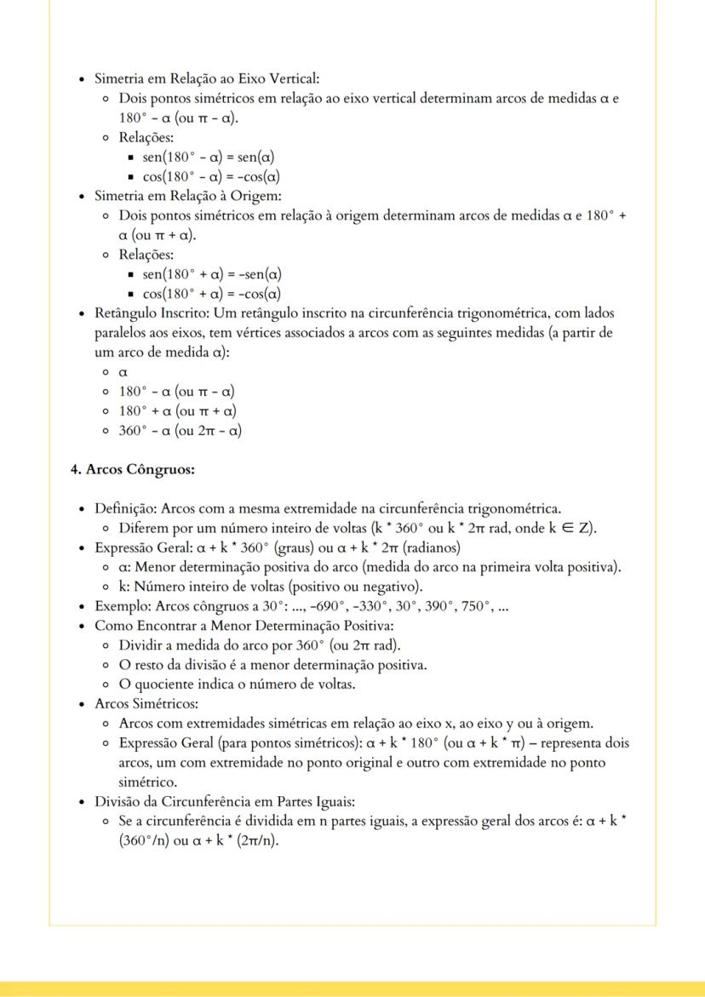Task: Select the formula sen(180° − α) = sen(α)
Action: (x=208, y=158)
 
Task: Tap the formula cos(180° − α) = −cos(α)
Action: (x=211, y=177)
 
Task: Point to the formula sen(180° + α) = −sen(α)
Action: (x=212, y=274)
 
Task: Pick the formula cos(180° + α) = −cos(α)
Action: (x=211, y=294)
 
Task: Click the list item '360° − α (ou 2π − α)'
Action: (x=180, y=431)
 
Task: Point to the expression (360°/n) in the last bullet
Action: (x=144, y=841)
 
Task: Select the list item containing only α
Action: (x=123, y=372)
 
